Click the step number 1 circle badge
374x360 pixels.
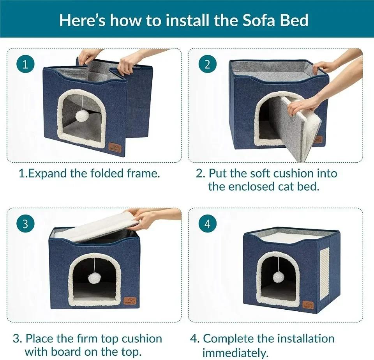(25, 64)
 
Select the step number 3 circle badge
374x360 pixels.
(25, 224)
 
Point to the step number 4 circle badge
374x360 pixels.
(207, 224)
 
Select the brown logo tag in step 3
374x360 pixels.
(129, 300)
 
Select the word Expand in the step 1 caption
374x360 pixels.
(47, 173)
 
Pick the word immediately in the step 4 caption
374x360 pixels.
(235, 353)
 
